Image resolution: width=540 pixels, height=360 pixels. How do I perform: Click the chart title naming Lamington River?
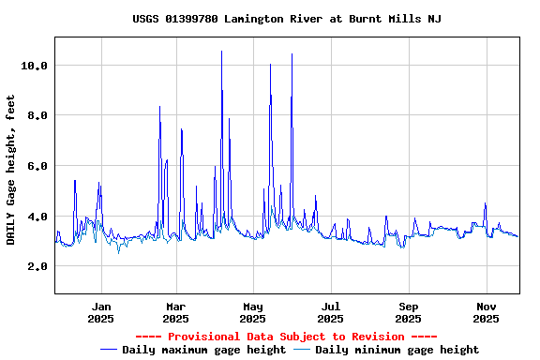(287, 19)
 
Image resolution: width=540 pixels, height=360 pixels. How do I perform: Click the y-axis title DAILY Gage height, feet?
(11, 169)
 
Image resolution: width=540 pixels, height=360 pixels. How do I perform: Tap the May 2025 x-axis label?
(253, 312)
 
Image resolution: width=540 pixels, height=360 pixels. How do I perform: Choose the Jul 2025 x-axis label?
(330, 312)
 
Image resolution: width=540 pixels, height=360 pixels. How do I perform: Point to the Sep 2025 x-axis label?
(408, 312)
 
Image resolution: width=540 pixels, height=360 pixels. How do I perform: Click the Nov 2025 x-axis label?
(485, 312)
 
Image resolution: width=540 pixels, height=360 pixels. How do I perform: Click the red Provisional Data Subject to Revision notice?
(286, 337)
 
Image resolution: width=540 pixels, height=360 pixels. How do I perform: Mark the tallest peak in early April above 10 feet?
(221, 52)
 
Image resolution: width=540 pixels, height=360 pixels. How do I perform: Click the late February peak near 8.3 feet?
(159, 107)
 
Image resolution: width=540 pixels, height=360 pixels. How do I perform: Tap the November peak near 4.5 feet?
(485, 203)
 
